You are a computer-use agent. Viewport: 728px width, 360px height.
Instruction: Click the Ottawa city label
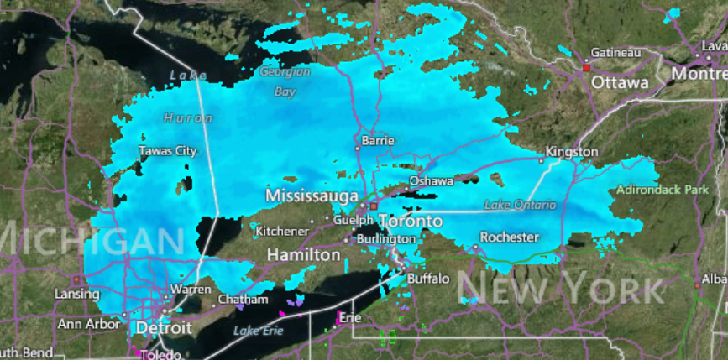[620, 83]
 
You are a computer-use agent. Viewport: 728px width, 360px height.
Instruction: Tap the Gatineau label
[615, 52]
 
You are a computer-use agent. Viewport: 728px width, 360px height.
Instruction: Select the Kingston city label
[572, 152]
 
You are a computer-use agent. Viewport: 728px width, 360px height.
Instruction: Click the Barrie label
[377, 141]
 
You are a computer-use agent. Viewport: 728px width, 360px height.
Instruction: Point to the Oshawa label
[431, 180]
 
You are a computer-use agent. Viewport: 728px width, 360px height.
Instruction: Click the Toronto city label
[410, 221]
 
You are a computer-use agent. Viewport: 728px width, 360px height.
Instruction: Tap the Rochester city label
[509, 237]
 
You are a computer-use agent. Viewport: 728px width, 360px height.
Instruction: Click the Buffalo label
[428, 278]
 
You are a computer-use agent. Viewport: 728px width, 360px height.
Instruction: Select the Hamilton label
[303, 254]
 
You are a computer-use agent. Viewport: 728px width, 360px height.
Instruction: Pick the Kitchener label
[282, 231]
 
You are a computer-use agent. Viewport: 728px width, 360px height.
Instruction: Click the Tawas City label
[168, 151]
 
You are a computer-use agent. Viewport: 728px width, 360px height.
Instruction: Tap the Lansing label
[77, 294]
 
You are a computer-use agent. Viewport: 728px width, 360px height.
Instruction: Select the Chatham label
[243, 299]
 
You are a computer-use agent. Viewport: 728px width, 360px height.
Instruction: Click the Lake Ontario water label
[520, 205]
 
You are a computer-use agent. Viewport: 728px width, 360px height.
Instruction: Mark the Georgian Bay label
[285, 81]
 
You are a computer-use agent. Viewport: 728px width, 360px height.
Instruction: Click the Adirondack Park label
[662, 190]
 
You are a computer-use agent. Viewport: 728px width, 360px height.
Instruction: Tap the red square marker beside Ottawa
[586, 67]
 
